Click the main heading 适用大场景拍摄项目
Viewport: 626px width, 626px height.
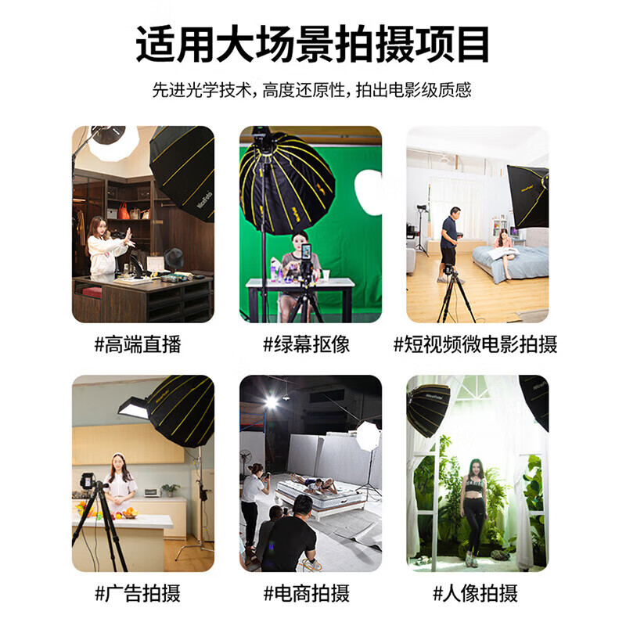click(x=313, y=45)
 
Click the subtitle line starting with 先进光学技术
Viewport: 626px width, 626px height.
click(x=312, y=90)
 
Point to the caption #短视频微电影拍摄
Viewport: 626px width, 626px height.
click(x=475, y=344)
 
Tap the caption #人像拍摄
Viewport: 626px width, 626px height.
click(x=475, y=593)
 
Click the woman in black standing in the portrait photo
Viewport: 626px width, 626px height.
click(x=474, y=509)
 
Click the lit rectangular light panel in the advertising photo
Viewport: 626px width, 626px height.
click(x=133, y=407)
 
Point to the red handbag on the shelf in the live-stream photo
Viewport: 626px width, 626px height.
click(x=124, y=211)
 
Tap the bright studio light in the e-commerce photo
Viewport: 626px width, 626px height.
click(x=271, y=401)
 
